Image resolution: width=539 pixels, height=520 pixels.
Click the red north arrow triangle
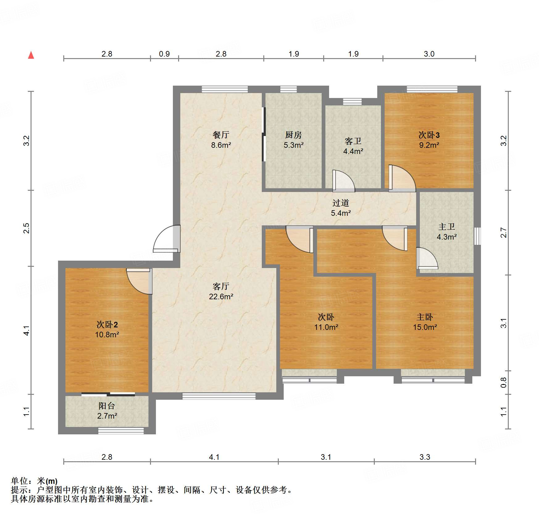[31, 55]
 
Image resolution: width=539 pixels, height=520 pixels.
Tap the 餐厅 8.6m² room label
[221, 140]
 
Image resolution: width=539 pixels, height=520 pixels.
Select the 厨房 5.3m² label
[293, 140]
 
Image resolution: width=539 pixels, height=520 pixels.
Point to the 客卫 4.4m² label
[353, 146]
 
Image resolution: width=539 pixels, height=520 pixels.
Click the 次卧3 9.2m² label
[429, 140]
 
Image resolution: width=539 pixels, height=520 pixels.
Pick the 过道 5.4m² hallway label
[341, 208]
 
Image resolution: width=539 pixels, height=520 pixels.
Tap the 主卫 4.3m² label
[446, 232]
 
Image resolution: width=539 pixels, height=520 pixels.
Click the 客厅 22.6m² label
[221, 291]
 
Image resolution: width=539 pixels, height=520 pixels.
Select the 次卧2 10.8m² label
[107, 329]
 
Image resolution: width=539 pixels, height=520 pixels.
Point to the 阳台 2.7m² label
[107, 411]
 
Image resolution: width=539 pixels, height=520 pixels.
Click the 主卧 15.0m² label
[425, 322]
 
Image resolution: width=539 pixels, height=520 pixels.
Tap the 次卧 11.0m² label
[326, 322]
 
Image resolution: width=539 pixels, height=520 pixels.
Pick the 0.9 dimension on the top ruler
[164, 54]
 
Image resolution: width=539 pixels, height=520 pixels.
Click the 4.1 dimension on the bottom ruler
[214, 457]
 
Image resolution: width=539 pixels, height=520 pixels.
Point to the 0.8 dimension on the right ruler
[503, 382]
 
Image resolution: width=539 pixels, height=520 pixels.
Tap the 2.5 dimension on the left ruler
[27, 228]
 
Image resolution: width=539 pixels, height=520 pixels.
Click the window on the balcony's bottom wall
[121, 430]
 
